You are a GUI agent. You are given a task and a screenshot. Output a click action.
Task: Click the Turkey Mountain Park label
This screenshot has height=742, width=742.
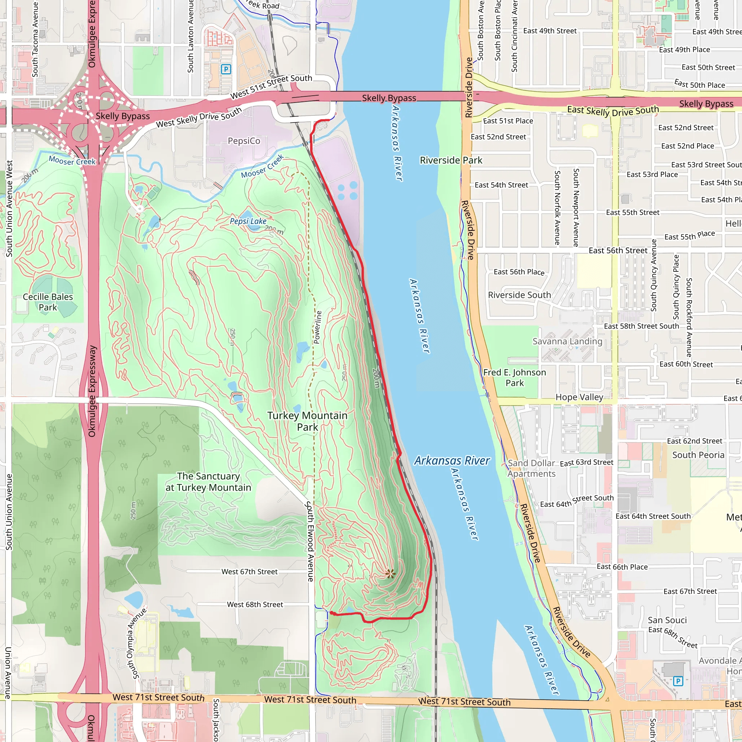307,421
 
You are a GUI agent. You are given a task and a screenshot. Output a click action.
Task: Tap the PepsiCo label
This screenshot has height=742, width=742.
244,141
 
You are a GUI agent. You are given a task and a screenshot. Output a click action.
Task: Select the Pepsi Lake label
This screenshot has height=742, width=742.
248,221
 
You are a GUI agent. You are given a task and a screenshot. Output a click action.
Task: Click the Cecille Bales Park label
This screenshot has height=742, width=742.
47,302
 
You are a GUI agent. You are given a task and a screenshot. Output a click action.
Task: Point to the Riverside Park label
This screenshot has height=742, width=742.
451,160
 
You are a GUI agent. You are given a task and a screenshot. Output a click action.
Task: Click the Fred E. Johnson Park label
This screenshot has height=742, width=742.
514,378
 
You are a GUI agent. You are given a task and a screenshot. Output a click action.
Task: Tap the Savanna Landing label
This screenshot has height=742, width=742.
567,341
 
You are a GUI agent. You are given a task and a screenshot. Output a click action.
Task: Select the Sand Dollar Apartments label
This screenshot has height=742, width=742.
532,468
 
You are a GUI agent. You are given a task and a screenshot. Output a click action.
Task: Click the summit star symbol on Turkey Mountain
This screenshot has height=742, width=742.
390,574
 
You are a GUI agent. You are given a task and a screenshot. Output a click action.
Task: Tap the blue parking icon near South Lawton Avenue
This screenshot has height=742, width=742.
226,69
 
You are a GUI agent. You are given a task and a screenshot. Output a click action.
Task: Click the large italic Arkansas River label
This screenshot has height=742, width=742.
452,460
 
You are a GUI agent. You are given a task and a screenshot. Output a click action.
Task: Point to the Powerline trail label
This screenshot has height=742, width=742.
318,327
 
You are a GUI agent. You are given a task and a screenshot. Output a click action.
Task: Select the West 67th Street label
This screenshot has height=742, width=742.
249,571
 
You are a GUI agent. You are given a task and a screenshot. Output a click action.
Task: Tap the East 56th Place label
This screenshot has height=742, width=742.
519,272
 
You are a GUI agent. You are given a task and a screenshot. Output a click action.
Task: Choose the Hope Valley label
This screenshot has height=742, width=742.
579,397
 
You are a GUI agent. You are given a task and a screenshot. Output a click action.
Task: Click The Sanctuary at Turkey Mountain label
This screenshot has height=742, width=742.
208,482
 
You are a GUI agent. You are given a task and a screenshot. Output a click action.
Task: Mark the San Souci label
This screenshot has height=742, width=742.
667,620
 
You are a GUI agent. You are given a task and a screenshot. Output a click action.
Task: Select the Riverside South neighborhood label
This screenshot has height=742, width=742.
519,295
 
